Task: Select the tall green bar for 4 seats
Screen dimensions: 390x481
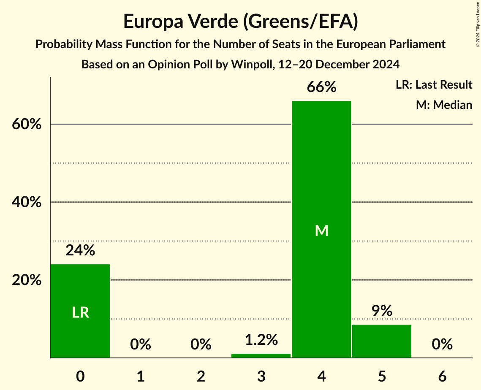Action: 321,274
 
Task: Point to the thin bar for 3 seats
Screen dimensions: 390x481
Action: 261,356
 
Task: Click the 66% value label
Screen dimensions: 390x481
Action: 321,87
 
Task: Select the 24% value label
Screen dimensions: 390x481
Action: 80,251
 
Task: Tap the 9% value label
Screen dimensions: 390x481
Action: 382,311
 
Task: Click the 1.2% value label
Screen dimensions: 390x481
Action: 261,339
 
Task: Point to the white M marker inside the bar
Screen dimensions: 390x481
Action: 321,230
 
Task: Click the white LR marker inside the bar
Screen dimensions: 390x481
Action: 80,312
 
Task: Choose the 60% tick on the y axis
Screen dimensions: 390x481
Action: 27,125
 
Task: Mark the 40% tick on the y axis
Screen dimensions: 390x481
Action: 27,203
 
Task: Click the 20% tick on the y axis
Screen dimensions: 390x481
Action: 27,280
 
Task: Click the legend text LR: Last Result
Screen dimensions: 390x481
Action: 434,85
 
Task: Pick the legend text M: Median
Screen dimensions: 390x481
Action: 444,105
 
